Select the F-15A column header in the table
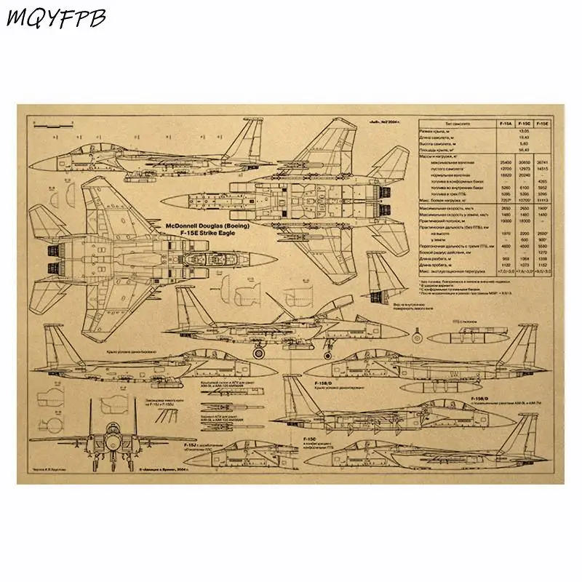[x=505, y=124]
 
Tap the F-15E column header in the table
[x=541, y=124]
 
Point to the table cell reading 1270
[x=541, y=252]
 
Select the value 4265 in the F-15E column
[x=541, y=181]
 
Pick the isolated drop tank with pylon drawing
[x=471, y=334]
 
